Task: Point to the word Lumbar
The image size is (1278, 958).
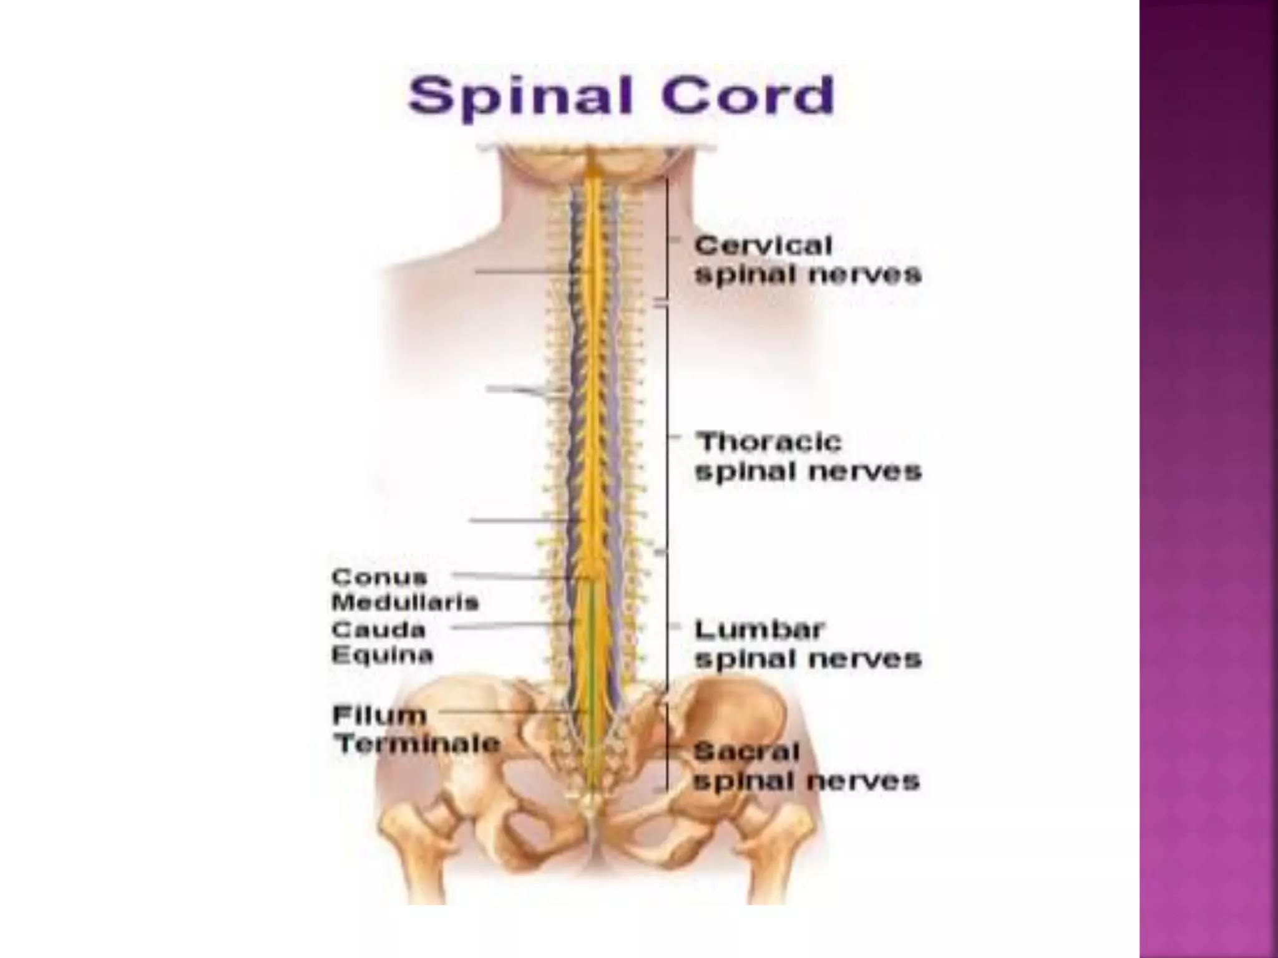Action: [x=759, y=630]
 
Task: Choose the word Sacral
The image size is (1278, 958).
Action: [x=746, y=752]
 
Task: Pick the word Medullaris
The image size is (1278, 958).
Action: [x=405, y=602]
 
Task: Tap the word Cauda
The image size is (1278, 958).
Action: [x=378, y=629]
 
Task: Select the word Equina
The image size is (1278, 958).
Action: [x=382, y=656]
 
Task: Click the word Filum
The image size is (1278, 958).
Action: [x=379, y=715]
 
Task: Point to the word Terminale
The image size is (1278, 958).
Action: [x=417, y=743]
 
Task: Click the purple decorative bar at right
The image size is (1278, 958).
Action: [x=1208, y=479]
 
